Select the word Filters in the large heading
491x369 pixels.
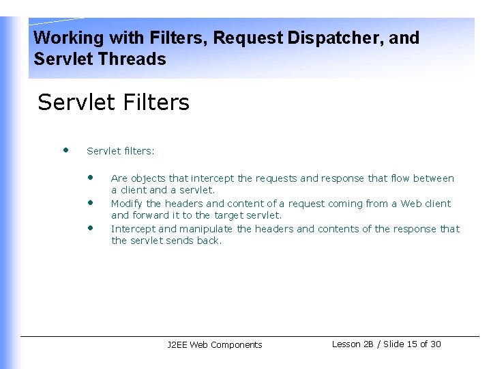(x=158, y=102)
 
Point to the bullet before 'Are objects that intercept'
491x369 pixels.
(x=90, y=177)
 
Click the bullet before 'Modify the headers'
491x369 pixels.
(x=90, y=203)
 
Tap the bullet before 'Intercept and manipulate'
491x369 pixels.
(x=90, y=228)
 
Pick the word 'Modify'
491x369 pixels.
(x=127, y=204)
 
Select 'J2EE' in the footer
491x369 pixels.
(x=177, y=345)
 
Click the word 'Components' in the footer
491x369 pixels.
(x=237, y=345)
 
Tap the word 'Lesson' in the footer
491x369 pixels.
(x=346, y=344)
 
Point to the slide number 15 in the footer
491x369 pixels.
(x=412, y=344)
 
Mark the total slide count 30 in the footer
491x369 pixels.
(x=435, y=344)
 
